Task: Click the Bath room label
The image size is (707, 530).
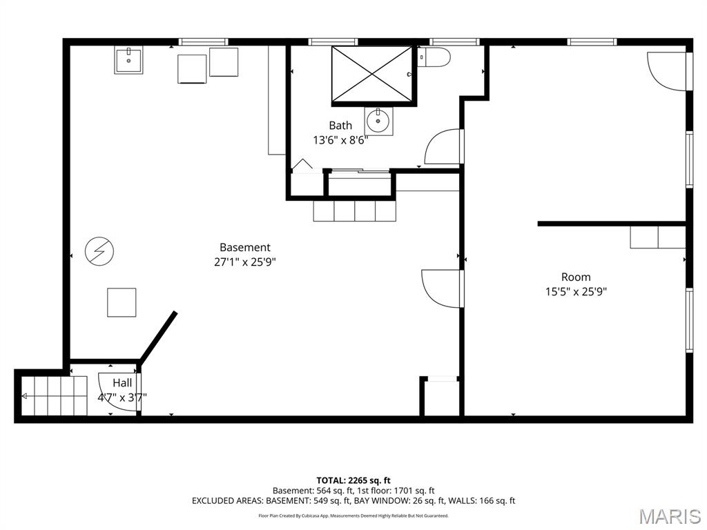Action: (340, 126)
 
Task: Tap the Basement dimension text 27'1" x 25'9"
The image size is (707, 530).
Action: (245, 262)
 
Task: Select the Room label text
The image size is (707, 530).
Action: (576, 277)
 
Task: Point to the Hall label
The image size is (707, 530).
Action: (123, 383)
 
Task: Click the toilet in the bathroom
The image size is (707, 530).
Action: (434, 57)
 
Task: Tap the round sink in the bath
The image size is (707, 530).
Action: (378, 121)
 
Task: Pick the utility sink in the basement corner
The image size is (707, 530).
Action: (128, 60)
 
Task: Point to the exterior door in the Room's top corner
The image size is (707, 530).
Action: (667, 71)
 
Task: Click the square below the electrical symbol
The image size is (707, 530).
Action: (122, 302)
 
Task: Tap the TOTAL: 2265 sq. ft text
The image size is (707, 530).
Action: (353, 480)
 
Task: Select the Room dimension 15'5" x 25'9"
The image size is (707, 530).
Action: (576, 292)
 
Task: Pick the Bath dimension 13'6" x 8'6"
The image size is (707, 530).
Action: (340, 140)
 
